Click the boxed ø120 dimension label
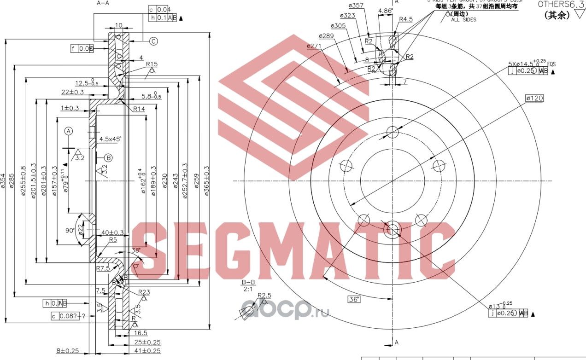point(534,99)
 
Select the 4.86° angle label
point(385,11)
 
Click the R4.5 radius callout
point(405,19)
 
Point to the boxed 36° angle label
point(354,299)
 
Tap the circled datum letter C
point(153,41)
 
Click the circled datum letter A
point(69,131)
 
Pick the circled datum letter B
point(108,158)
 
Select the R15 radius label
point(152,64)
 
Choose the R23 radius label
point(144,291)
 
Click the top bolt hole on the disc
point(392,132)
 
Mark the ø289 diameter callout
point(326,35)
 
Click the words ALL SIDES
point(463,20)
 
